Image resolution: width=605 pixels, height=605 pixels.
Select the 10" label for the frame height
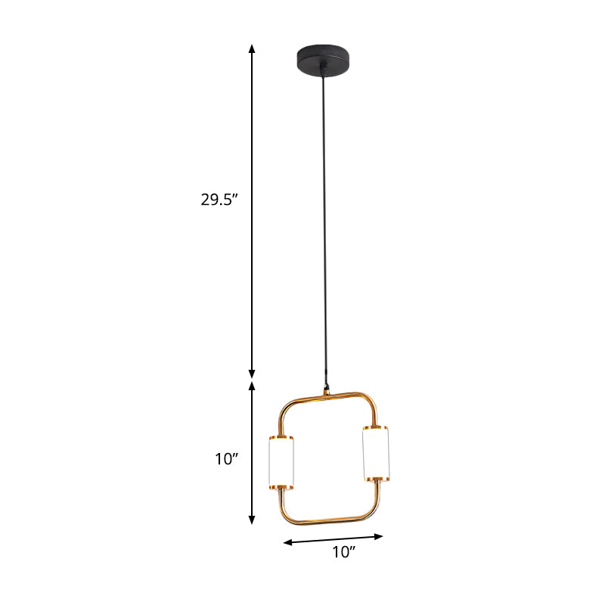click(x=225, y=458)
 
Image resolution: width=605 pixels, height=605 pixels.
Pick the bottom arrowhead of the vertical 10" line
click(x=253, y=520)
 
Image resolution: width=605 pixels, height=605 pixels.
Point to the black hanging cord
click(x=326, y=227)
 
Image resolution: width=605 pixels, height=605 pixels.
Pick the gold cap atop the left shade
click(x=281, y=438)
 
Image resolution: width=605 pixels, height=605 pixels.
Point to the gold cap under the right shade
click(x=376, y=478)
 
